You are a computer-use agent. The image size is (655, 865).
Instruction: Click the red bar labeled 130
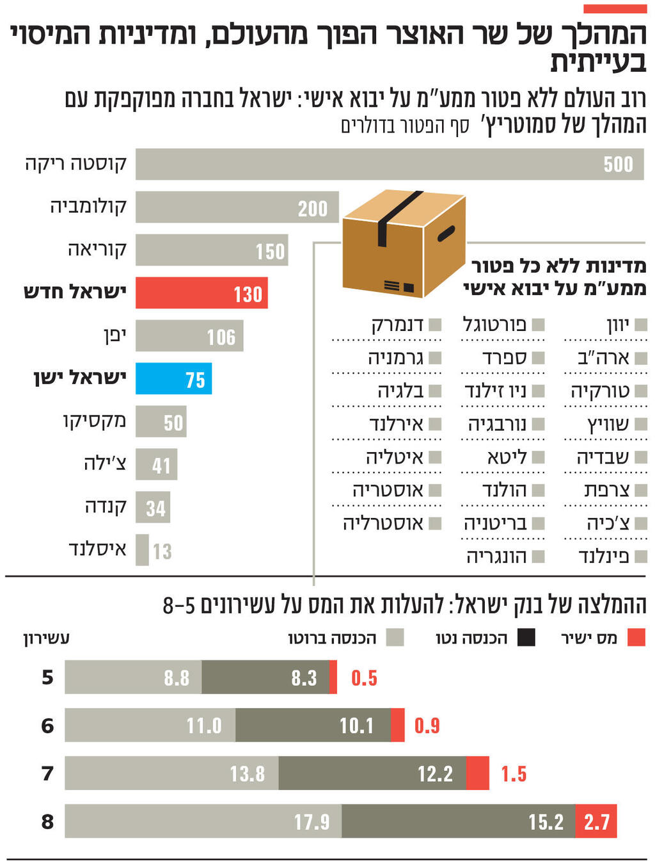201,293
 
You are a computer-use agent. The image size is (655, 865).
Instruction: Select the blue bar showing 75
173,379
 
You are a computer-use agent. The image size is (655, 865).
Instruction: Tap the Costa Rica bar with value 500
389,164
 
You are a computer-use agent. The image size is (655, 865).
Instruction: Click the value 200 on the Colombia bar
312,208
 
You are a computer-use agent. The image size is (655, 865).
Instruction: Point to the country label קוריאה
97,249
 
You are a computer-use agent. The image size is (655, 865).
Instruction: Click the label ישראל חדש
75,292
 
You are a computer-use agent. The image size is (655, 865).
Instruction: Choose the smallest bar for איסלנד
142,550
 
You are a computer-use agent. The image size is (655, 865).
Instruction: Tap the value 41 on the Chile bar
161,465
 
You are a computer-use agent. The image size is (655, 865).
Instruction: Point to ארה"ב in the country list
603,357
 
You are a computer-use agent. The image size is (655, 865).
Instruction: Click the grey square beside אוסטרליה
435,523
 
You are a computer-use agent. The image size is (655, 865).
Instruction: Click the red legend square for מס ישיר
636,637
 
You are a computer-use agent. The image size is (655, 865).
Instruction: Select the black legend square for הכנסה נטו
526,637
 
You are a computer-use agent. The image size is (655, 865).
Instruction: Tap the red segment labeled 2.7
596,821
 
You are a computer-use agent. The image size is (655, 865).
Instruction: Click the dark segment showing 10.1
313,725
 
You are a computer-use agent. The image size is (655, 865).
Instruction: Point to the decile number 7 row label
47,773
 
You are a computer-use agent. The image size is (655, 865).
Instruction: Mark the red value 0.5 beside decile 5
364,678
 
